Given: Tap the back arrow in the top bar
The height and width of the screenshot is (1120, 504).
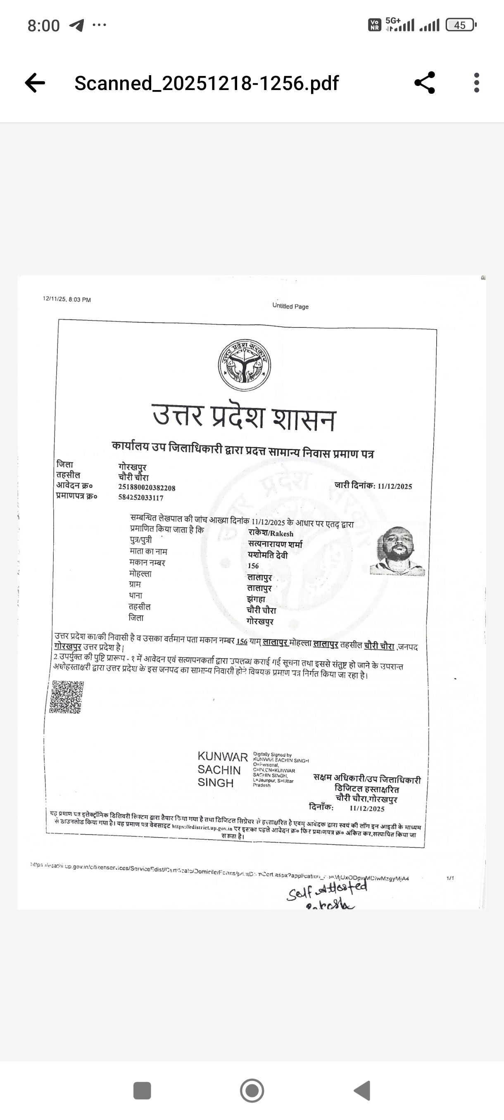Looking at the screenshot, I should [35, 83].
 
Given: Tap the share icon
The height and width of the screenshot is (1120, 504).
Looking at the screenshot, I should [424, 83].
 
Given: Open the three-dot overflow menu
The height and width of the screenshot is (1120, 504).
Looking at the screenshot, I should [477, 83].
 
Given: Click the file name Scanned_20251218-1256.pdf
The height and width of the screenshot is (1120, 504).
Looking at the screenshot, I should [206, 83].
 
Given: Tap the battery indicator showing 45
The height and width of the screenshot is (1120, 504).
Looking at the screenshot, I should [461, 25].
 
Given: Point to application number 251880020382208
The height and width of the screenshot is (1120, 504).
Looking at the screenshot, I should [147, 488].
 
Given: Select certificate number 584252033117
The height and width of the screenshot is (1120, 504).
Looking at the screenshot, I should [140, 498].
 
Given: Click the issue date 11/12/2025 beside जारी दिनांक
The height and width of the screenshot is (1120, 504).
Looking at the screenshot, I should [395, 486].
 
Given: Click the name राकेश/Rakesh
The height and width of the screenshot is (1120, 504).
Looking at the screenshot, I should [271, 533].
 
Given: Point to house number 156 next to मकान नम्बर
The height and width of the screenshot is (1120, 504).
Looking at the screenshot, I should [253, 566].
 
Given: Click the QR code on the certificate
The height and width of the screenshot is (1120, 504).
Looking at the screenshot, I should [67, 698].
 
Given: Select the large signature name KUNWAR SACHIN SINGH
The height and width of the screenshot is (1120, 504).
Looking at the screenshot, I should [222, 769].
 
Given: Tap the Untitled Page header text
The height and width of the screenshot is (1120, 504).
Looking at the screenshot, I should [290, 306].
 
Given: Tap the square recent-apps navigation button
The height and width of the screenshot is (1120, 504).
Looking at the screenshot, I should [142, 1090].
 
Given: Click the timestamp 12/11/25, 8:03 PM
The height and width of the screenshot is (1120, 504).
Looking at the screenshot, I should [67, 299].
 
